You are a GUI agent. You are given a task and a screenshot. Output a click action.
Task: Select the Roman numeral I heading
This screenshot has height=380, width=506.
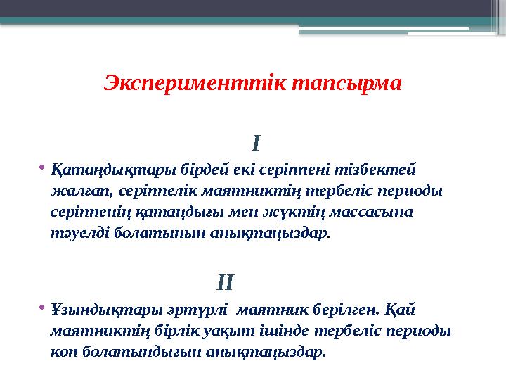pos(257,145)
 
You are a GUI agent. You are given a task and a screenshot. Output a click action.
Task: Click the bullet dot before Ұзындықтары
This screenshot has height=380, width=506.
pos(42,307)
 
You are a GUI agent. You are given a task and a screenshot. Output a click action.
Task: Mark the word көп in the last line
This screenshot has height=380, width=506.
pos(63,351)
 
